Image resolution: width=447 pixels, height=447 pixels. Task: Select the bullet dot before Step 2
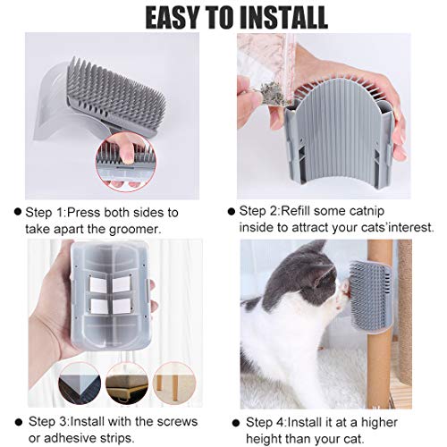tap(230, 213)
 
